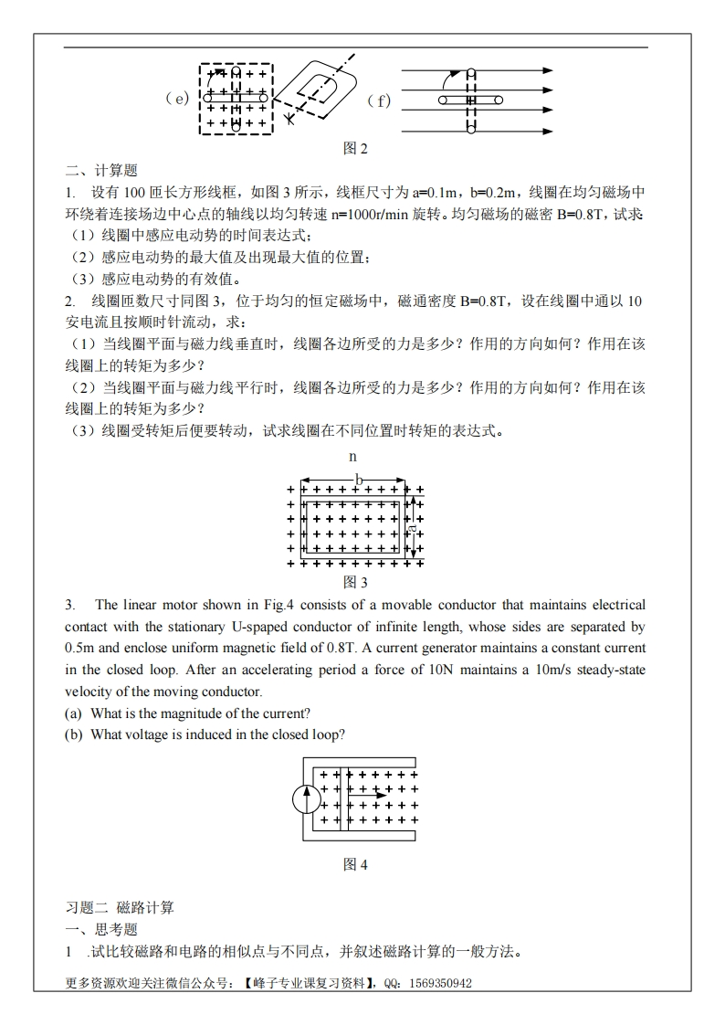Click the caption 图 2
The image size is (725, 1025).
pyautogui.click(x=354, y=148)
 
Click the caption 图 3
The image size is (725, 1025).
pyautogui.click(x=354, y=582)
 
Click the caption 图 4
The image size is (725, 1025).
pyautogui.click(x=354, y=864)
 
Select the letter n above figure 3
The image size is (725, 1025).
pyautogui.click(x=353, y=456)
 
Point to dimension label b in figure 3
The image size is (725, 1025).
pyautogui.click(x=359, y=479)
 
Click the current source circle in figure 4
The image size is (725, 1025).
pyautogui.click(x=306, y=800)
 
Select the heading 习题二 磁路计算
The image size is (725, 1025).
pyautogui.click(x=120, y=907)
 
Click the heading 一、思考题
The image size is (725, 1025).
pyautogui.click(x=100, y=930)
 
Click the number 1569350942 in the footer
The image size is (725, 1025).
pyautogui.click(x=436, y=984)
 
